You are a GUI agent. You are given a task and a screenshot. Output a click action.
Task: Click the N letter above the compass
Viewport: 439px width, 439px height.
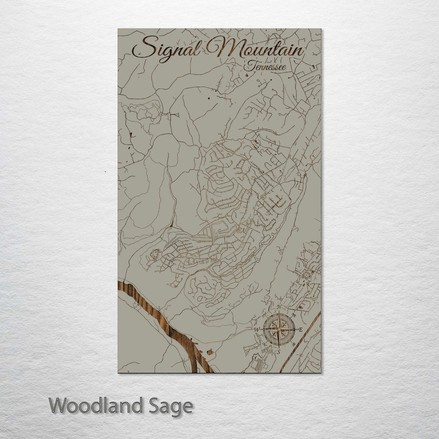279,307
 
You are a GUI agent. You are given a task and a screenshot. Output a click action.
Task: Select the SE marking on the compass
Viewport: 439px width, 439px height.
293,344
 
